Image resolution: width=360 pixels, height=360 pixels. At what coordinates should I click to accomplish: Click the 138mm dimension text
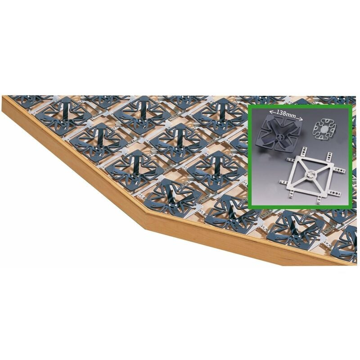coord(286,114)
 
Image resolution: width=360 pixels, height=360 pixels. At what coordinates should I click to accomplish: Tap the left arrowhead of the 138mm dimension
coord(271,112)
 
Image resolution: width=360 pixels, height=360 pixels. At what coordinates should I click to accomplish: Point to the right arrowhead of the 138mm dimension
coord(301,119)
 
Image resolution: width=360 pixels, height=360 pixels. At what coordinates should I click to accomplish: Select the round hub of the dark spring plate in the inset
coord(279,137)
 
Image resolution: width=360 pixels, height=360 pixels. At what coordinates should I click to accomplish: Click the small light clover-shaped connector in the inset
coord(323,130)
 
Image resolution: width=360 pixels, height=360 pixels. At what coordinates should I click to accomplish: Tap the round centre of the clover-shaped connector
coord(324,130)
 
